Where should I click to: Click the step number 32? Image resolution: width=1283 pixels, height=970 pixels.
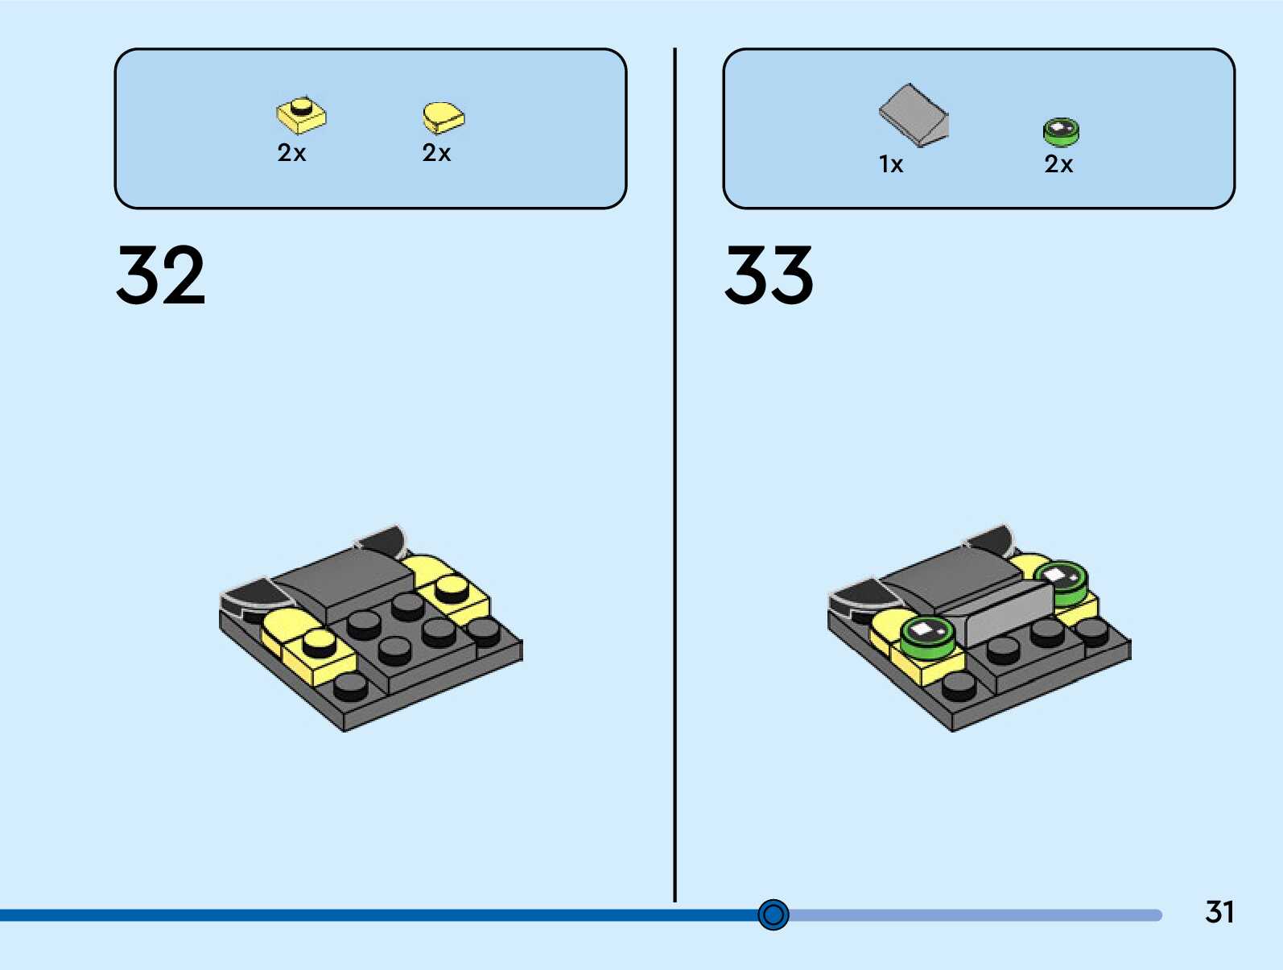[x=161, y=275]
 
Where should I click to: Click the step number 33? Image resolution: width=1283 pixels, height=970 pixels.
[x=769, y=275]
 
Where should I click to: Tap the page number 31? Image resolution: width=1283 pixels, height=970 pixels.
[x=1219, y=912]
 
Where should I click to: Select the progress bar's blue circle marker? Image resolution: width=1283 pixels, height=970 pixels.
[x=774, y=914]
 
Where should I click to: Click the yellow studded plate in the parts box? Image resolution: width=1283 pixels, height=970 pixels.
[x=301, y=116]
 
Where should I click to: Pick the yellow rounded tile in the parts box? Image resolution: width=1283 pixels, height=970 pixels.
[x=443, y=118]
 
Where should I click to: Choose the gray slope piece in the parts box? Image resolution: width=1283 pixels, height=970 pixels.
[x=914, y=114]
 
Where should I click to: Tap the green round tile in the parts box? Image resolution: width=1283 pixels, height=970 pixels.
[x=1061, y=132]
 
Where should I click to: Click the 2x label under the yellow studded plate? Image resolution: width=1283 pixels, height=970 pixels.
[x=291, y=153]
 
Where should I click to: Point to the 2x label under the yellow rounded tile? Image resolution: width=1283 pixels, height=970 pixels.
[x=436, y=153]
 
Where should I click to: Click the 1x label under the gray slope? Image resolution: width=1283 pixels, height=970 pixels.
[x=891, y=165]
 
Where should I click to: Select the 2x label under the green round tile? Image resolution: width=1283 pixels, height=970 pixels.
[x=1058, y=164]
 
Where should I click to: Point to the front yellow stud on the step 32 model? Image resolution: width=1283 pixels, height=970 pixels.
[x=320, y=642]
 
